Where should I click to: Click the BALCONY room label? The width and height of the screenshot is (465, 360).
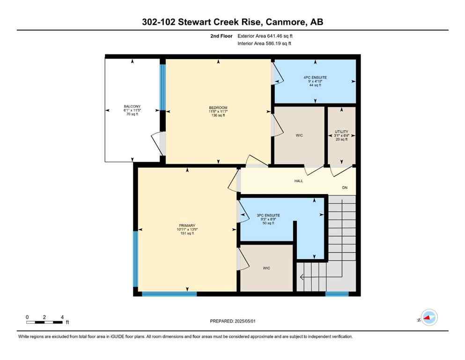132,106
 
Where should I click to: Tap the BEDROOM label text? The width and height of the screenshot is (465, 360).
218,108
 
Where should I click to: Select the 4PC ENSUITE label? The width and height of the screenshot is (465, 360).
315,77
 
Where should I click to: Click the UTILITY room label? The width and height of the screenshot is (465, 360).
341,132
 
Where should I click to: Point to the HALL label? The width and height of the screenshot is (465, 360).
298,181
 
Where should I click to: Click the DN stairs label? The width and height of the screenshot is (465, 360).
345,187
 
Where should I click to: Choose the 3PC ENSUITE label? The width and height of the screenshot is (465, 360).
268,215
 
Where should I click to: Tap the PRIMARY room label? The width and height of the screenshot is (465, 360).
185,225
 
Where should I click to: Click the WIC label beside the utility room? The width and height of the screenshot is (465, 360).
299,135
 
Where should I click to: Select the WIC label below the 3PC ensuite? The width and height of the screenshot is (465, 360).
266,268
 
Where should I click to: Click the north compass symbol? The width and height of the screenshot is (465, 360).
428,318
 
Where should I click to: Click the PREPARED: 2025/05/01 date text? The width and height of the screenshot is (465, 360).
232,321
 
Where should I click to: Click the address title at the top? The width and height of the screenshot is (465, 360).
232,22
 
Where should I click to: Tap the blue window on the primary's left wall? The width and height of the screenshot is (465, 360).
135,258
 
